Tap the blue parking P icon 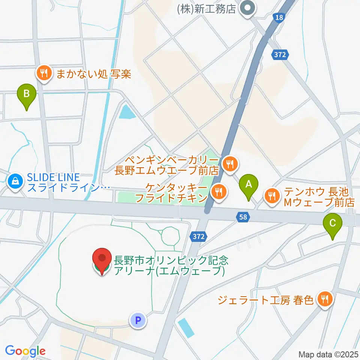pyautogui.click(x=137, y=320)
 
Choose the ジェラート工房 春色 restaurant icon pyautogui.click(x=323, y=299)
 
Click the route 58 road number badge pyautogui.click(x=242, y=216)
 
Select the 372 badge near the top pyautogui.click(x=280, y=54)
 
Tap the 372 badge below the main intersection pyautogui.click(x=199, y=237)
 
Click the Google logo pyautogui.click(x=25, y=351)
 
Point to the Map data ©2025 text pyautogui.click(x=328, y=354)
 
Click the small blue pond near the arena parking pyautogui.click(x=186, y=327)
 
